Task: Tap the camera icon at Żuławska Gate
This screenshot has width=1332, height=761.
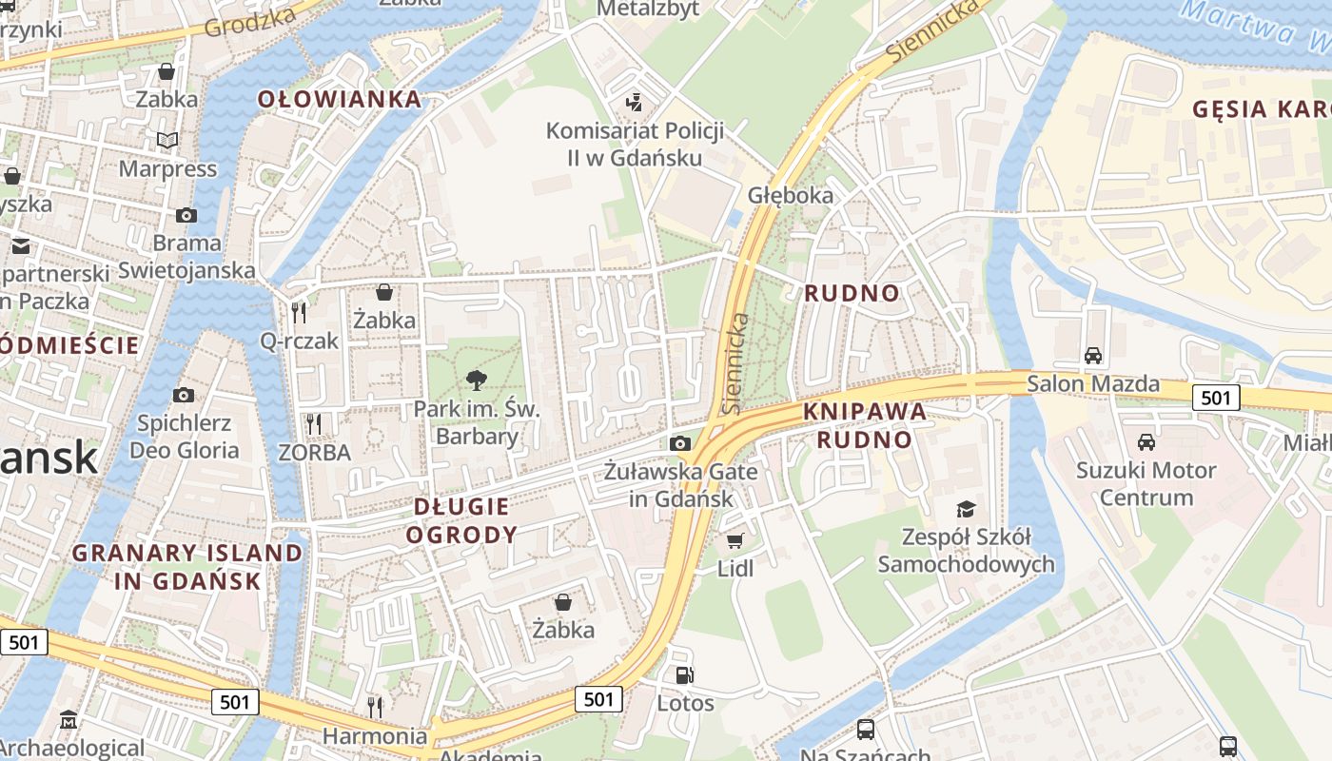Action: click(x=679, y=443)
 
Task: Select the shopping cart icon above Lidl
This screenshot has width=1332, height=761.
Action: click(x=735, y=541)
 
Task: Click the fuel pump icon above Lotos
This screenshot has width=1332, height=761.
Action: click(x=684, y=676)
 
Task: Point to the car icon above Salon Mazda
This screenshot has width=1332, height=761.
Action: click(x=1093, y=356)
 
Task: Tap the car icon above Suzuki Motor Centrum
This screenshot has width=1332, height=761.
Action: click(x=1146, y=442)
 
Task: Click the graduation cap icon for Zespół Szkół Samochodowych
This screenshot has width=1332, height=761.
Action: click(x=966, y=509)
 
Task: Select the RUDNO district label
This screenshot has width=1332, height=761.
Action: click(x=852, y=293)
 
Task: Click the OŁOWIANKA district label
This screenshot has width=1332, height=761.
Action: click(x=339, y=99)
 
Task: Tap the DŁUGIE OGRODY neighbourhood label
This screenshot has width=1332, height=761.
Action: click(x=461, y=520)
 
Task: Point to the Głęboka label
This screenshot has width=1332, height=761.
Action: click(x=790, y=196)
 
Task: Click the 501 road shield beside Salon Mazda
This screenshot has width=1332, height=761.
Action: click(x=1216, y=397)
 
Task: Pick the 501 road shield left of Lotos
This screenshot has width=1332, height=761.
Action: click(x=598, y=699)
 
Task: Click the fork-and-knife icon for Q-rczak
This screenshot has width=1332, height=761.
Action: click(x=299, y=312)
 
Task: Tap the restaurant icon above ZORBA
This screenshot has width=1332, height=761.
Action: click(x=314, y=423)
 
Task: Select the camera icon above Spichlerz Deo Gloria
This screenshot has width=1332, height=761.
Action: click(x=184, y=395)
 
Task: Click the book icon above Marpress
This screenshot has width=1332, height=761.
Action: click(x=167, y=141)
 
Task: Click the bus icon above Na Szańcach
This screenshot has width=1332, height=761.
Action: click(x=866, y=730)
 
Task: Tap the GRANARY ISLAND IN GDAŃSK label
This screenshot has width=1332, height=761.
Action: click(x=187, y=566)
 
